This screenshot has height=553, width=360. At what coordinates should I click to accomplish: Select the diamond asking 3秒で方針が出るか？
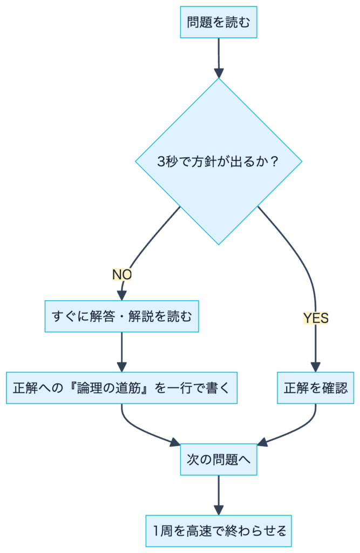[x=219, y=161]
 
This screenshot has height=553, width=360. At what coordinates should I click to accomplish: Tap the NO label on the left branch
[x=122, y=274]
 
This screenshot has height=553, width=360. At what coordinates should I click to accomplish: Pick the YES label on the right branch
[x=316, y=318]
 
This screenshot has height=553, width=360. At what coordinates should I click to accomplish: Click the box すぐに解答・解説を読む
[x=121, y=316]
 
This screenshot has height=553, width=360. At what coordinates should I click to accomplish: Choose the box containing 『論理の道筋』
[x=121, y=387]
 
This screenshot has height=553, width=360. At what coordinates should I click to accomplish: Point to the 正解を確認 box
[x=316, y=387]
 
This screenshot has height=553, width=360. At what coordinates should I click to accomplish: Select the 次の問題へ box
[x=219, y=460]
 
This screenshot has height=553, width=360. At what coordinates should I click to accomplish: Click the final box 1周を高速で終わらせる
[x=219, y=531]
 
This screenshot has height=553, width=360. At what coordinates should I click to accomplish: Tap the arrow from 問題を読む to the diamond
[x=219, y=57]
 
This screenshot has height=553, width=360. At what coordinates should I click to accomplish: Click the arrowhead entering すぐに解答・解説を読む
[x=121, y=295]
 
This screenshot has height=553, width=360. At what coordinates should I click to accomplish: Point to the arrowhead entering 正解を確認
[x=316, y=366]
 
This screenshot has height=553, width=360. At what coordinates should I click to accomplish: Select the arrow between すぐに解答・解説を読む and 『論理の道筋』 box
[x=121, y=351]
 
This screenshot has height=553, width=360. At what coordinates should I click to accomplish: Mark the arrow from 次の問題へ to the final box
[x=219, y=494]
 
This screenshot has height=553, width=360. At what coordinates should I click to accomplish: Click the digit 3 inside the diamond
[x=160, y=161]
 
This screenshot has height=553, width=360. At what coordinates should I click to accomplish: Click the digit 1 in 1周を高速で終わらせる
[x=157, y=531]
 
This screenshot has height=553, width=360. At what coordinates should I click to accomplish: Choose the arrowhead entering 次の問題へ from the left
[x=175, y=443]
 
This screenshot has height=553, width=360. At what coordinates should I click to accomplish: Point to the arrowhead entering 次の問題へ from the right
[x=262, y=443]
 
